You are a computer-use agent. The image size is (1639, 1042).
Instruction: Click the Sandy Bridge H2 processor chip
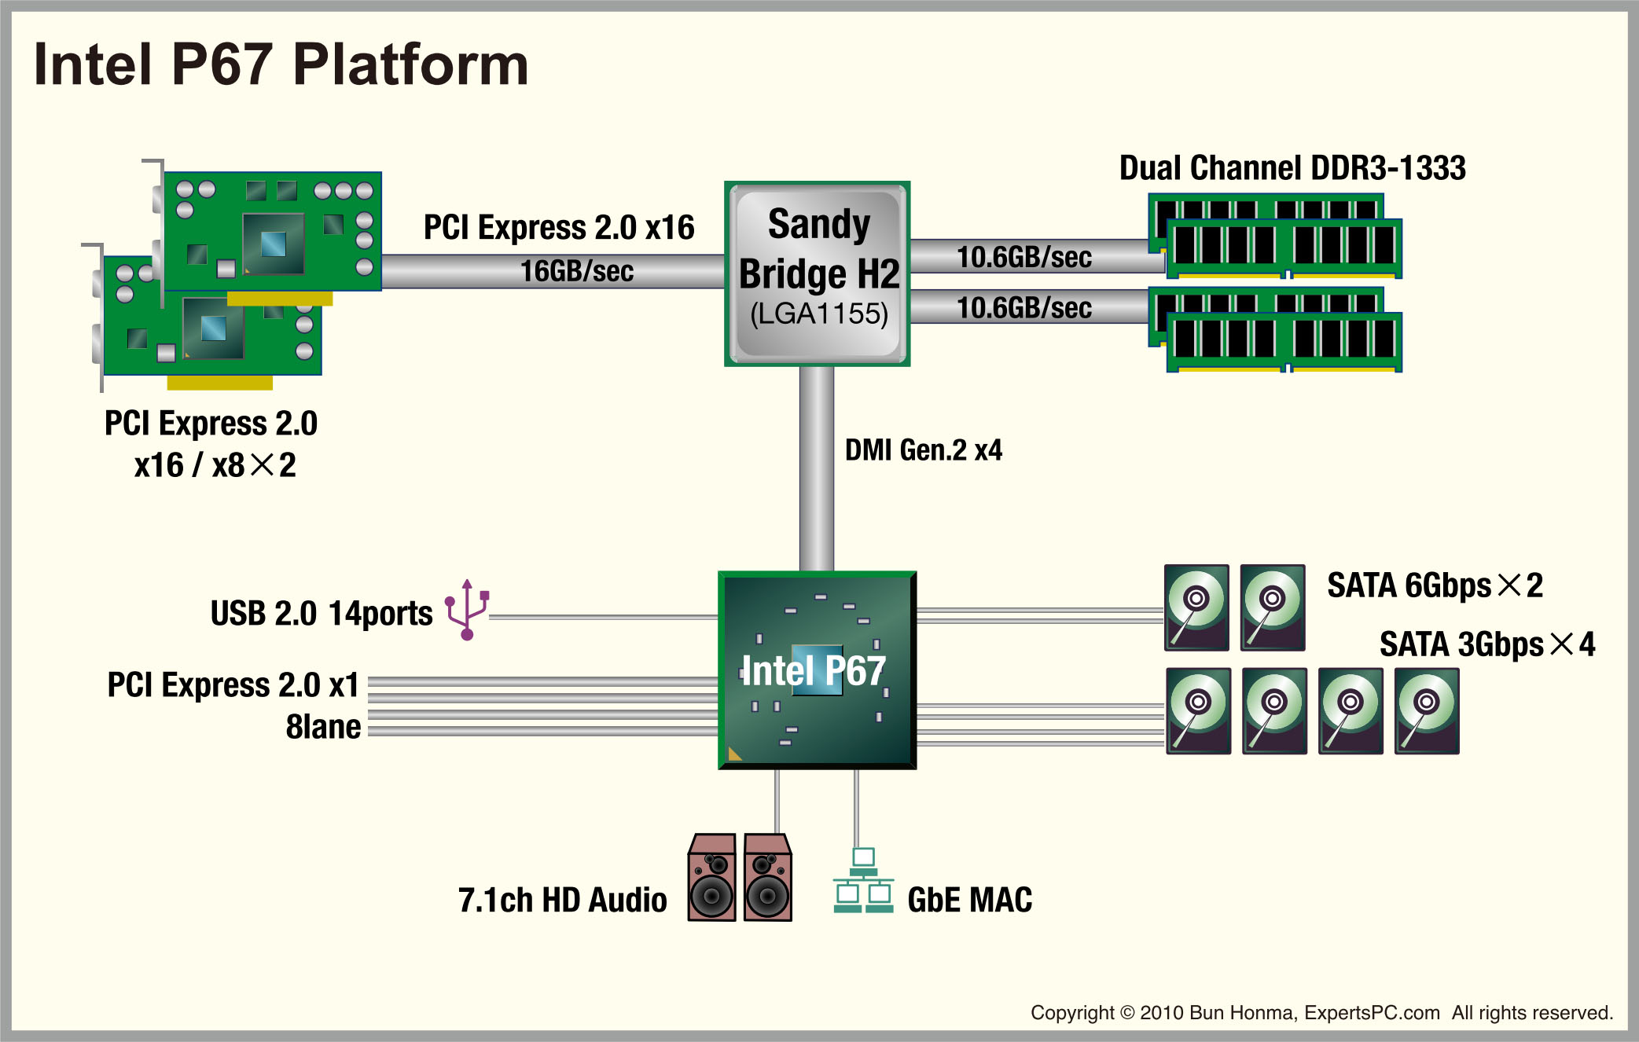(x=818, y=273)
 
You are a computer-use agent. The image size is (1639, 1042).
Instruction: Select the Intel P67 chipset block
(x=817, y=670)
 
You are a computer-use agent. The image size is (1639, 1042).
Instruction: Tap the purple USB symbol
(x=467, y=610)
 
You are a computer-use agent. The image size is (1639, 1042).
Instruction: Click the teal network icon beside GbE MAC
(x=863, y=881)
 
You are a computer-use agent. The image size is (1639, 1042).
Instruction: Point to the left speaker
(x=712, y=878)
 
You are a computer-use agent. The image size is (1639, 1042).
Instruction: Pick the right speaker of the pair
(x=767, y=878)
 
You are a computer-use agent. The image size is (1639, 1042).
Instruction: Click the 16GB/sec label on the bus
(x=576, y=271)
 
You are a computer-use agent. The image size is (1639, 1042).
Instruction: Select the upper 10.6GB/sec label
(x=1023, y=257)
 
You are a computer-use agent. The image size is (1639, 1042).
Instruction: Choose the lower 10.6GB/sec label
(x=1023, y=308)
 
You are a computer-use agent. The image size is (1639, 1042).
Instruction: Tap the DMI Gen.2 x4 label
(x=923, y=450)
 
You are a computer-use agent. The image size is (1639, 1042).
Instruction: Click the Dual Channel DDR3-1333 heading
(x=1292, y=168)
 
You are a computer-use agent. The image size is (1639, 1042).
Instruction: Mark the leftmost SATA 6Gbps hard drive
(x=1196, y=607)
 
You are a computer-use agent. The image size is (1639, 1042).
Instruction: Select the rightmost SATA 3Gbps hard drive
(x=1427, y=711)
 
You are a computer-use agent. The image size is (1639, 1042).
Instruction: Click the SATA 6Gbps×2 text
(x=1435, y=585)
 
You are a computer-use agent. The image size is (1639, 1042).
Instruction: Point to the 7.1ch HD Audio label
(x=562, y=901)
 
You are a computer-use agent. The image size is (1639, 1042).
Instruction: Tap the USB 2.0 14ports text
(x=321, y=614)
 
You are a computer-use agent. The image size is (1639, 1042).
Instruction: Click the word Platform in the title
(x=410, y=64)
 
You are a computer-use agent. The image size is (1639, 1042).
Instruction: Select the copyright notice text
(x=1321, y=1013)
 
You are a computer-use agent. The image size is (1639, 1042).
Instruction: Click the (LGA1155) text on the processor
(x=818, y=314)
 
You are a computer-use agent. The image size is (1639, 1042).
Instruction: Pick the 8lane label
(x=323, y=728)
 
